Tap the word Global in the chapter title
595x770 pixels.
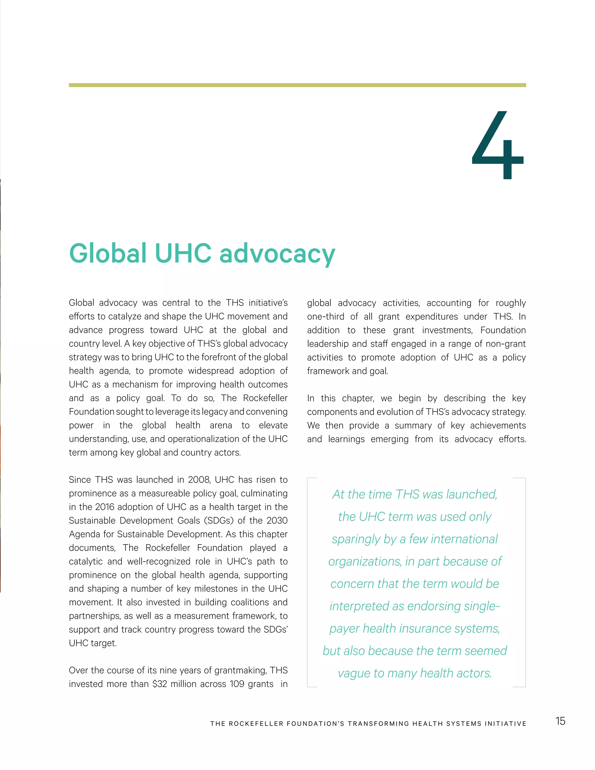pos(107,253)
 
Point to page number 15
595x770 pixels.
pos(560,721)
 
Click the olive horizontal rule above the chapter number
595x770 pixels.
pos(297,85)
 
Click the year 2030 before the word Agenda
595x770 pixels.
pos(277,521)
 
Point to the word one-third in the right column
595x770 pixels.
pos(325,317)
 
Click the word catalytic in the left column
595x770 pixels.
pos(85,562)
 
